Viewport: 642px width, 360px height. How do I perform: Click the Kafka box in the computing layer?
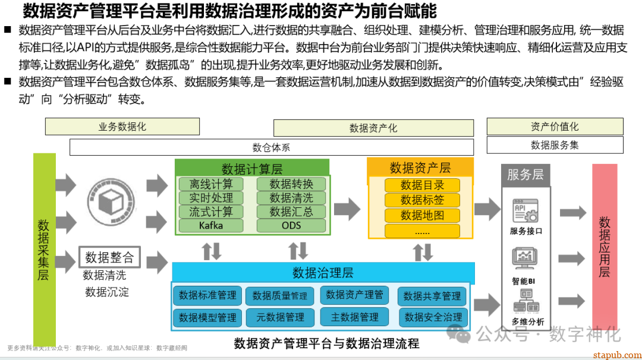click(211, 226)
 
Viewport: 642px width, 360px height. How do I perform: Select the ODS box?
click(291, 226)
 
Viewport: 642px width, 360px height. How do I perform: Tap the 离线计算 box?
click(211, 184)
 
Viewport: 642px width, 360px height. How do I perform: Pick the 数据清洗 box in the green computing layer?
click(291, 198)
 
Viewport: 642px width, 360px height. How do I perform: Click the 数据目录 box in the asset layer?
click(422, 185)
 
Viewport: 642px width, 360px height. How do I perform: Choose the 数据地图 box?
click(422, 216)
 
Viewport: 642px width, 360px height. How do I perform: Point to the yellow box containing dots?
click(422, 231)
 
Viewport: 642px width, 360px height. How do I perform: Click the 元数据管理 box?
click(280, 317)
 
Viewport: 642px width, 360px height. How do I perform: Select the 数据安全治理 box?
click(433, 317)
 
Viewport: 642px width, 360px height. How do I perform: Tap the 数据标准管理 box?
click(207, 295)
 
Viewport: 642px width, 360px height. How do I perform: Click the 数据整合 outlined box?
click(109, 257)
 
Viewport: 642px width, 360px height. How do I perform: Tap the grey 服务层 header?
click(525, 175)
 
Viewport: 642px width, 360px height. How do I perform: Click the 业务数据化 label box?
click(122, 127)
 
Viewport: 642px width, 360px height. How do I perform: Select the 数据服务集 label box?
click(555, 145)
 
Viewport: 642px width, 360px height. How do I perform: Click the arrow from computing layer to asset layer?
click(347, 208)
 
